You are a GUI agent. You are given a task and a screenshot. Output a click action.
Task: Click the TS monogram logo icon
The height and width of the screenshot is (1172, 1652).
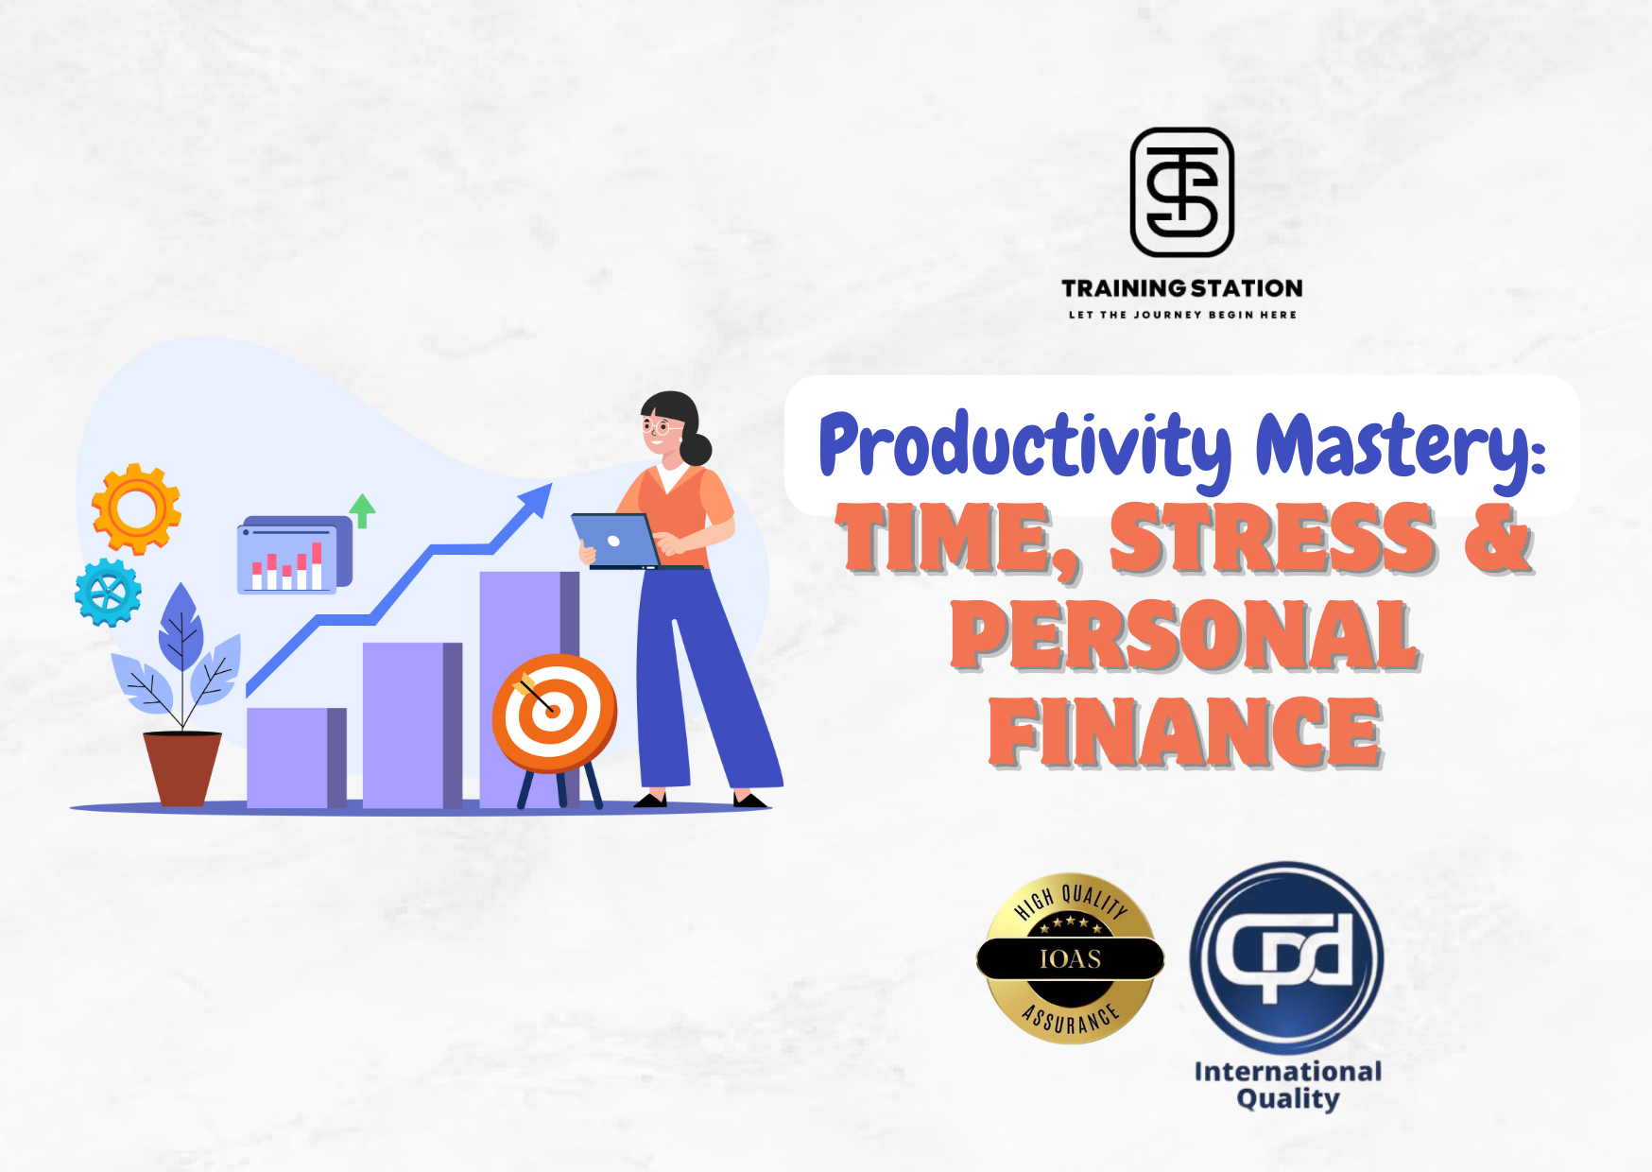pyautogui.click(x=1181, y=193)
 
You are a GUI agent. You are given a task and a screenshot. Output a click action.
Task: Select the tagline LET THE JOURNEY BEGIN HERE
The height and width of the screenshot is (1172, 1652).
pyautogui.click(x=1182, y=315)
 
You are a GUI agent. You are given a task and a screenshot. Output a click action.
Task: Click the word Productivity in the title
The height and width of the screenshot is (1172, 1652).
pyautogui.click(x=1026, y=446)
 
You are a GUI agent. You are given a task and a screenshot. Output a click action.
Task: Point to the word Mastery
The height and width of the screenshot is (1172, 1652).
pyautogui.click(x=1401, y=446)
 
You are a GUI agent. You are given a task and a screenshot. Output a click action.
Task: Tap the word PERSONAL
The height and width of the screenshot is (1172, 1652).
pyautogui.click(x=1185, y=635)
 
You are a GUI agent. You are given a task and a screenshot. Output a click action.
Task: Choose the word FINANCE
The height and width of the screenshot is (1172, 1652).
pyautogui.click(x=1185, y=732)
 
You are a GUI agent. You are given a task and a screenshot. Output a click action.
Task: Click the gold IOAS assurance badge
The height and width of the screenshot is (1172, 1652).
pyautogui.click(x=1070, y=958)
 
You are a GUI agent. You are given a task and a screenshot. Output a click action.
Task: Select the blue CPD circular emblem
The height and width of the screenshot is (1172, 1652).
pyautogui.click(x=1286, y=957)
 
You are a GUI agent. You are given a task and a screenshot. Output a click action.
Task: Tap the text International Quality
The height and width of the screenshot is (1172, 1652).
pyautogui.click(x=1287, y=1085)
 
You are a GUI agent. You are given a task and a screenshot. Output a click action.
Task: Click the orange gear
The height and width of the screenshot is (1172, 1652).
pyautogui.click(x=136, y=508)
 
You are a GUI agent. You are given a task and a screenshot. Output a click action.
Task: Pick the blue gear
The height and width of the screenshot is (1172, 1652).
pyautogui.click(x=108, y=593)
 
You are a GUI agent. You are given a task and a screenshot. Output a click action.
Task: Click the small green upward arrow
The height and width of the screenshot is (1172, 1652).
pyautogui.click(x=362, y=510)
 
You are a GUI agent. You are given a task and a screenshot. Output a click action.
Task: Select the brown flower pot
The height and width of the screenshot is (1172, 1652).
pyautogui.click(x=182, y=768)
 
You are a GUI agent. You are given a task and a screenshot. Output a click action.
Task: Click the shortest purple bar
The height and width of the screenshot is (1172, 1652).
pyautogui.click(x=297, y=758)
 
